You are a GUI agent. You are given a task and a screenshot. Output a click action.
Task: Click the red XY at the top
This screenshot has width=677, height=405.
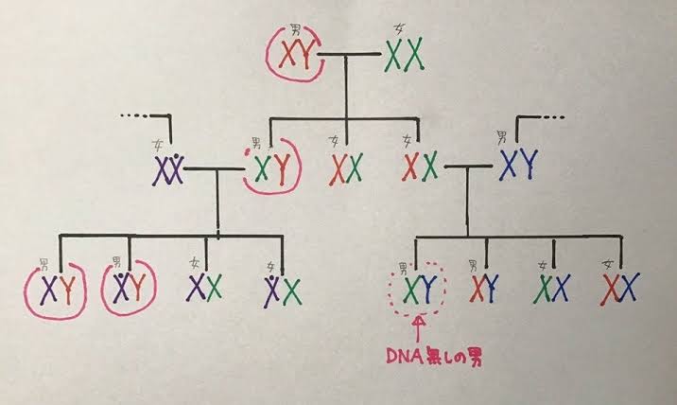tap(295, 54)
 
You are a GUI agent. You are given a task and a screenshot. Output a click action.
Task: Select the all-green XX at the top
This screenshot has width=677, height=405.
tap(404, 55)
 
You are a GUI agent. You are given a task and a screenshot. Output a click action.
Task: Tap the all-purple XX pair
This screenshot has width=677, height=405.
tap(168, 170)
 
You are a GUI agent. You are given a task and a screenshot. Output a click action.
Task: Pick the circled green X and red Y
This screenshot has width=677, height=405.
tap(272, 167)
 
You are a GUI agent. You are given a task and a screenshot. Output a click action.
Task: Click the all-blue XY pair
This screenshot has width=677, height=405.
tap(519, 165)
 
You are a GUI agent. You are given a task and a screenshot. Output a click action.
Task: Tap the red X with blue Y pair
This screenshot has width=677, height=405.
tap(484, 288)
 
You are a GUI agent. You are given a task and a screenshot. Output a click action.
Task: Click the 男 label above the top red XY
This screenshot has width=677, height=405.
tap(295, 30)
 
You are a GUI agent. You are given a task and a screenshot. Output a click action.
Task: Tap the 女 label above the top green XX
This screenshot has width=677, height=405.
tap(398, 30)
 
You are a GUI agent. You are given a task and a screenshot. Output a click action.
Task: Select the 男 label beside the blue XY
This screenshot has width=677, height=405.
tap(502, 138)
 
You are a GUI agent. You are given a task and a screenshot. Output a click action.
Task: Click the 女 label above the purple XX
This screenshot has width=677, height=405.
tap(157, 145)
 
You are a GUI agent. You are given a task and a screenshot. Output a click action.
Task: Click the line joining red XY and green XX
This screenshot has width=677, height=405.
tap(349, 55)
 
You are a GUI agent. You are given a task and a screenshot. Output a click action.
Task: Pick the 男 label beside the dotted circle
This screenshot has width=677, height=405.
tap(403, 270)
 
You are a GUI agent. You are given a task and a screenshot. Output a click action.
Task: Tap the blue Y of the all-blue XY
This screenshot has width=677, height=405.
tap(529, 165)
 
